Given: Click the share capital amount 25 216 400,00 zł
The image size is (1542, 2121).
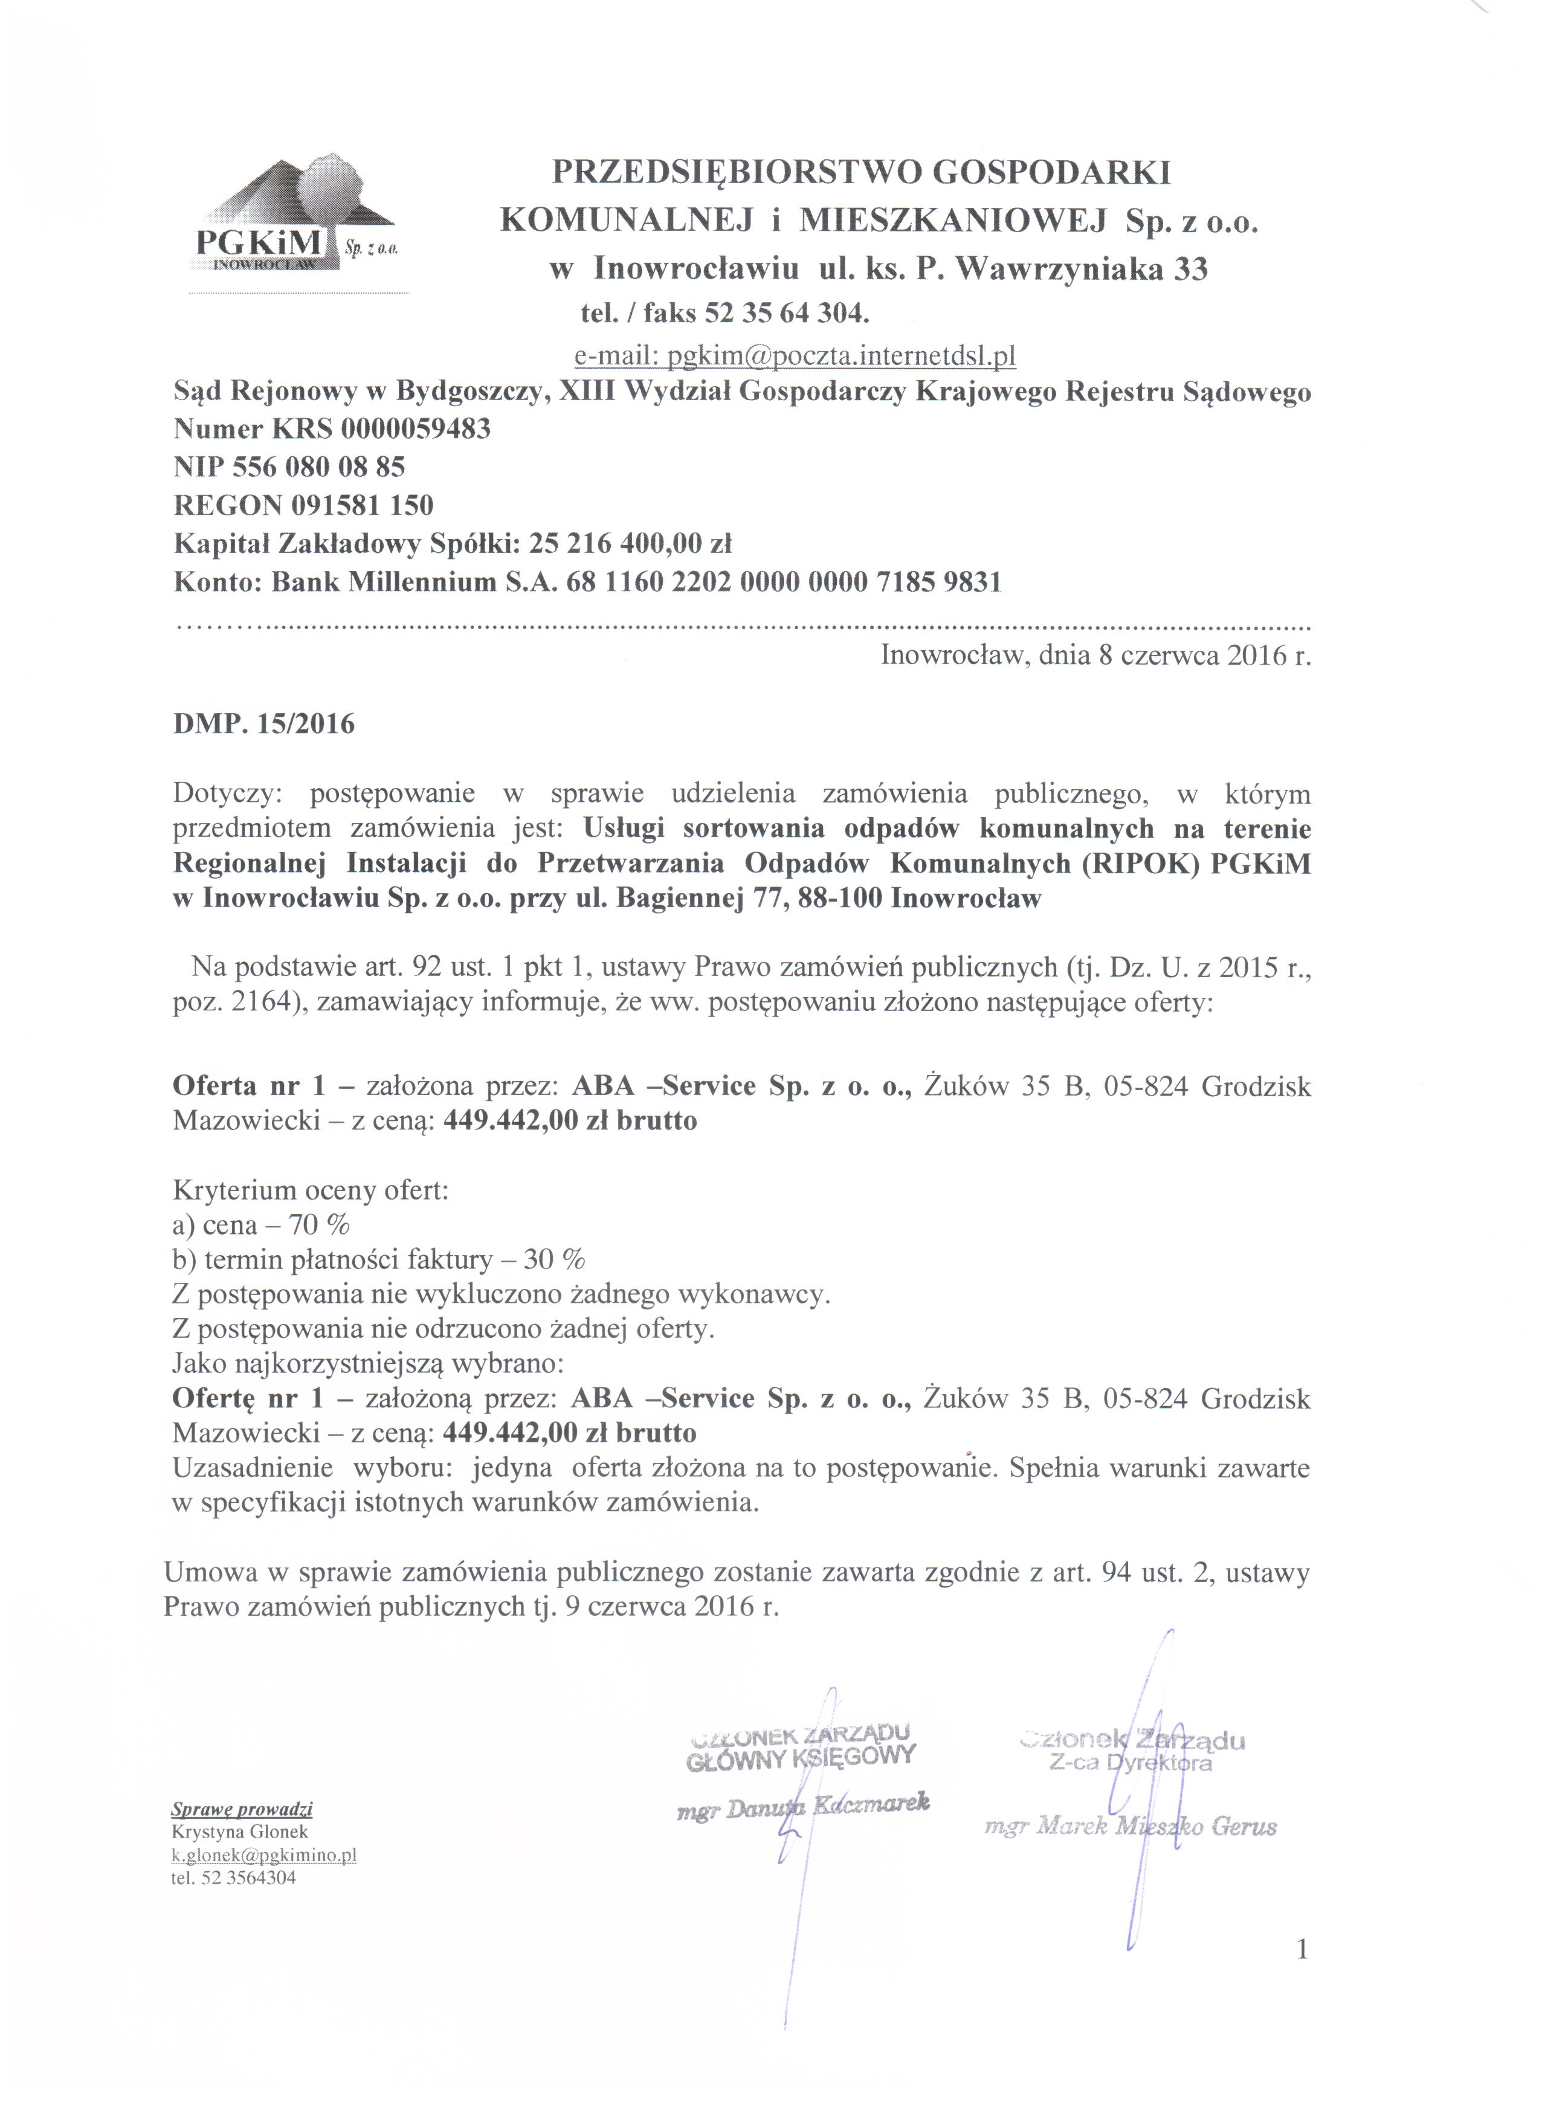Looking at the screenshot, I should pos(630,543).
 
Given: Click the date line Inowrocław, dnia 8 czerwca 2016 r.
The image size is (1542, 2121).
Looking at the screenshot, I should pos(1095,656).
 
